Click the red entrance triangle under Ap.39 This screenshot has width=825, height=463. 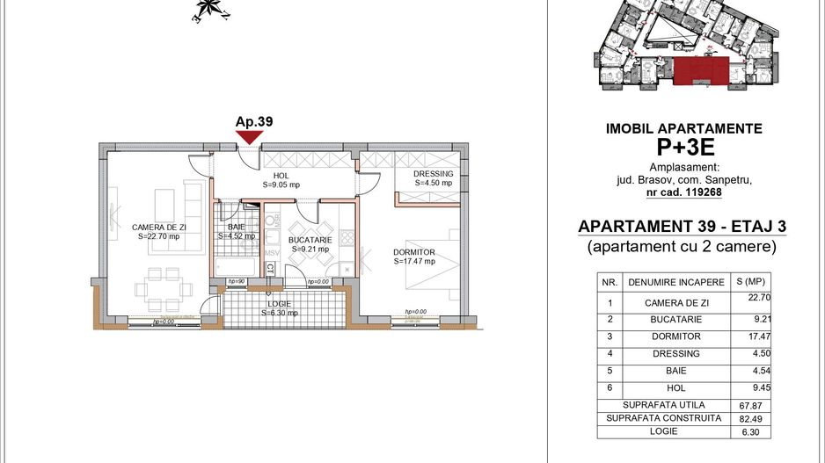tap(249, 136)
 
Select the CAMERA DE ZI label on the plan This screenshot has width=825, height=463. tap(156, 231)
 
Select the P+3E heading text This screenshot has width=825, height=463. tap(684, 147)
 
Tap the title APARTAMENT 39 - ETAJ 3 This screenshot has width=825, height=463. tap(682, 227)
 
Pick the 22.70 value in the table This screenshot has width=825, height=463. tap(749, 299)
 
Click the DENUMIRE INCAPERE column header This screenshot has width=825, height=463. tap(675, 283)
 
